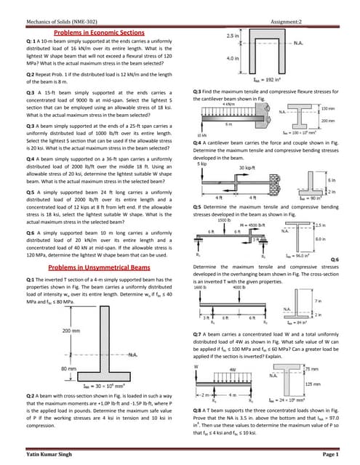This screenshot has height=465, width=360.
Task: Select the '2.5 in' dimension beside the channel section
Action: [233, 35]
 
